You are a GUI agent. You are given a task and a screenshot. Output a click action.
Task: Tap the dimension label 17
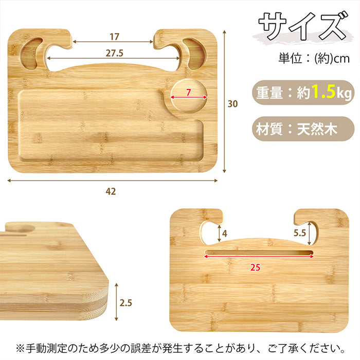114,37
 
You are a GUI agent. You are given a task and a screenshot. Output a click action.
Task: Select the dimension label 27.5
114,52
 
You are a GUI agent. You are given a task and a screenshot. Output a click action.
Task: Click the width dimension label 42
111,191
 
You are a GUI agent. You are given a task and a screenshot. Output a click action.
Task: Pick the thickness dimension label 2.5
126,303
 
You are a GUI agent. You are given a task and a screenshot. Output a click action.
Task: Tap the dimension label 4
225,233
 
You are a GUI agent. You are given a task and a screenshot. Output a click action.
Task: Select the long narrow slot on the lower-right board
259,253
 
